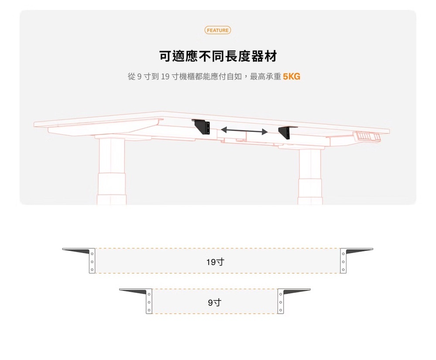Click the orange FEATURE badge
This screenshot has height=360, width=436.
pyautogui.click(x=218, y=30)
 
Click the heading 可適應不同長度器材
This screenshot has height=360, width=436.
pyautogui.click(x=218, y=56)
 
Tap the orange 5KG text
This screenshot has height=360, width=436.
pyautogui.click(x=291, y=77)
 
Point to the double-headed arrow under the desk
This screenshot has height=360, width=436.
pyautogui.click(x=244, y=131)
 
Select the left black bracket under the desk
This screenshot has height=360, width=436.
pyautogui.click(x=201, y=126)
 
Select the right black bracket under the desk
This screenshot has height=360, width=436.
pyautogui.click(x=286, y=132)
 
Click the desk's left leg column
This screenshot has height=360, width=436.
pyautogui.click(x=112, y=170)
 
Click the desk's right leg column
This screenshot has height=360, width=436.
pyautogui.click(x=310, y=174)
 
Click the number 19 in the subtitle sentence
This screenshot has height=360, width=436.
pyautogui.click(x=165, y=77)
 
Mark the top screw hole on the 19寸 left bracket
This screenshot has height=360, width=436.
pyautogui.click(x=92, y=254)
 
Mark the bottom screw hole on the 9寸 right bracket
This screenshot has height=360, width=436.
pyautogui.click(x=281, y=310)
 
